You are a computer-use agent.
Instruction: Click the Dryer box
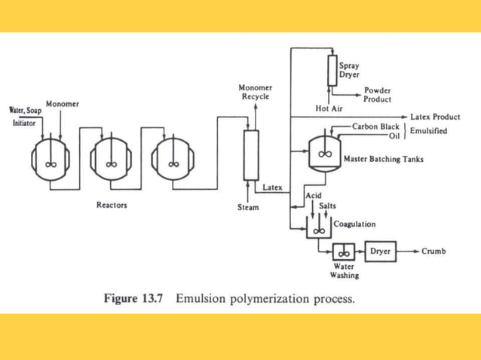click(378, 251)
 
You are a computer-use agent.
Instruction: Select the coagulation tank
click(317, 227)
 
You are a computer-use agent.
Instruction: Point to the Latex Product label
click(435, 117)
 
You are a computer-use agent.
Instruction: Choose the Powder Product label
click(377, 95)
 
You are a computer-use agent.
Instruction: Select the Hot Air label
click(329, 108)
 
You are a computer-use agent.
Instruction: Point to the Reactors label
click(112, 205)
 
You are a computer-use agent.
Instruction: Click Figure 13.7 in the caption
click(136, 298)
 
